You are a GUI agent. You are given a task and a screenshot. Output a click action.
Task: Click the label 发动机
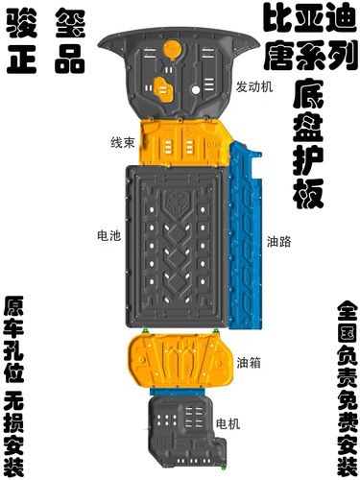[x=254, y=85]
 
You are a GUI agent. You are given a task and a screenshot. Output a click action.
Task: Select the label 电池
[x=108, y=234]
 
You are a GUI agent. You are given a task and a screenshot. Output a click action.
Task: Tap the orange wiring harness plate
[x=182, y=142]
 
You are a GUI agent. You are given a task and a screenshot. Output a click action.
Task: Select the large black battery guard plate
[x=179, y=245]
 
